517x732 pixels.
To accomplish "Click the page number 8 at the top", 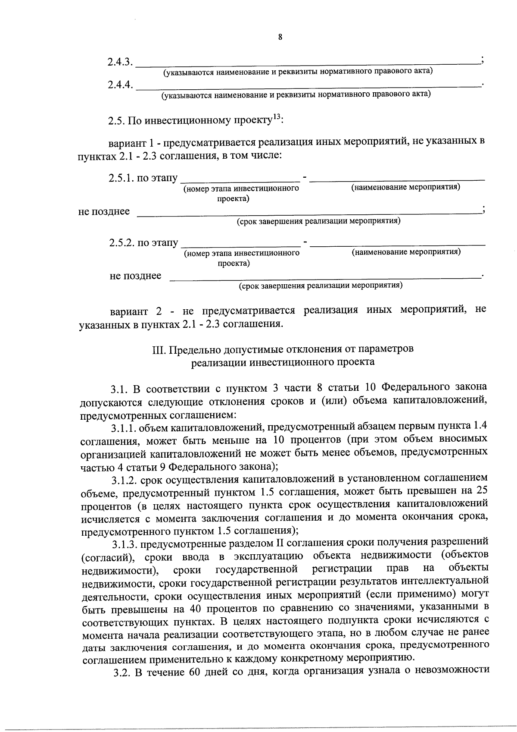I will point(280,38).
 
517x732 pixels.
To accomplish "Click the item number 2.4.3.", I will point(119,62).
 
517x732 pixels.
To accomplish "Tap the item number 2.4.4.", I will point(119,85).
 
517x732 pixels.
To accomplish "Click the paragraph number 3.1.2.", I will point(124,478).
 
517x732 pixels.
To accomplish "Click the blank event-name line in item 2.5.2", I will point(397,244).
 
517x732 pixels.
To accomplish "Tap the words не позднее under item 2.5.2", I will point(135,276).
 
